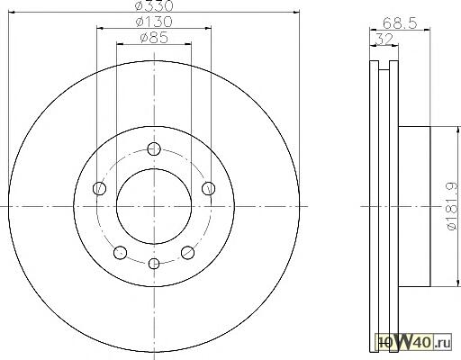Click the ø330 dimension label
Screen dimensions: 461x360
pyautogui.click(x=154, y=5)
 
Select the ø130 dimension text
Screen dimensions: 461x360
pyautogui.click(x=154, y=22)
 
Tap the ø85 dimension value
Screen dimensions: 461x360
pyautogui.click(x=154, y=38)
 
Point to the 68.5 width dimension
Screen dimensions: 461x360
pyautogui.click(x=400, y=22)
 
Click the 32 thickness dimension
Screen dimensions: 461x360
pyautogui.click(x=384, y=39)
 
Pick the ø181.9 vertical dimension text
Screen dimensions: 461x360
pyautogui.click(x=453, y=206)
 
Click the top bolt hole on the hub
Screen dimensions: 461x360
pyautogui.click(x=154, y=148)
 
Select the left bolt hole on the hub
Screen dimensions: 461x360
pyautogui.click(x=99, y=189)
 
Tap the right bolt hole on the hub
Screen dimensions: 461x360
pyautogui.click(x=208, y=189)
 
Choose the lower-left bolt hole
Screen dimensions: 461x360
pyautogui.click(x=120, y=252)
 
